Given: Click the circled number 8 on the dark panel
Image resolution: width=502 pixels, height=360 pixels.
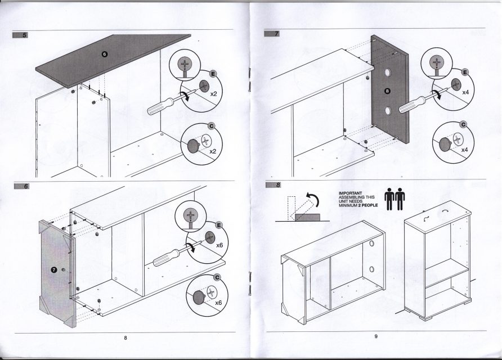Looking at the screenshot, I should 386,90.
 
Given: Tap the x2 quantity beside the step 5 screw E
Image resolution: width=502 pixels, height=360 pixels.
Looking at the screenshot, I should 213,94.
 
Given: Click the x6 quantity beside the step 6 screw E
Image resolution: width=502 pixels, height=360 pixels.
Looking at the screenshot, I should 220,245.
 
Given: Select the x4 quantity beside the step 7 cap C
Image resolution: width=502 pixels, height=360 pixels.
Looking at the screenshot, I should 465,150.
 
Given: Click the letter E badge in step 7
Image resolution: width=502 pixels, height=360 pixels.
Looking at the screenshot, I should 464,73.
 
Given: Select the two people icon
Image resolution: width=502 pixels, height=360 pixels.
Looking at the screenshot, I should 394,199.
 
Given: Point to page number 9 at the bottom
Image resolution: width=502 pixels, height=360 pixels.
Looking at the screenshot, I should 376,337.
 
